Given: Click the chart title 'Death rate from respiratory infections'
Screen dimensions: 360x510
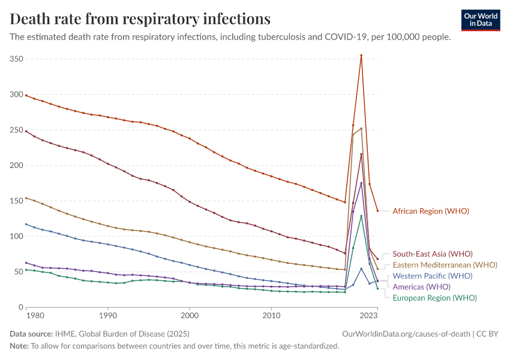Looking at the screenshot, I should tap(140, 19).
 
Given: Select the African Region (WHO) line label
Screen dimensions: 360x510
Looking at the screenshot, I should tap(430, 211).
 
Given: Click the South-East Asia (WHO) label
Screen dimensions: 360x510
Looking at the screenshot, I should tap(432, 254).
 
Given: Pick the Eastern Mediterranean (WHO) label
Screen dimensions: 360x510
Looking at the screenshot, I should tap(445, 265).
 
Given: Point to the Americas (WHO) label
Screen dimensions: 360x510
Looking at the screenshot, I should tap(421, 287).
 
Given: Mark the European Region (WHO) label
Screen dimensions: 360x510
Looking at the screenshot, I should tap(434, 298).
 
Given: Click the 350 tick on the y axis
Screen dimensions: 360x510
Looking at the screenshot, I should tap(16, 59).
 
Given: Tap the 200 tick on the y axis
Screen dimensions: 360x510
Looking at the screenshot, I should tap(16, 165).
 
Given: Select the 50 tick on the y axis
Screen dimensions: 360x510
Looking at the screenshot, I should tap(19, 272).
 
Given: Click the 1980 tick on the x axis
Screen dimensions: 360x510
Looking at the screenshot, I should tap(35, 315).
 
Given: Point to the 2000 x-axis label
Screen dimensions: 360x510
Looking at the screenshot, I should tap(190, 315).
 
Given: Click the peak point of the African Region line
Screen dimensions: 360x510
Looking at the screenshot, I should tap(361, 55).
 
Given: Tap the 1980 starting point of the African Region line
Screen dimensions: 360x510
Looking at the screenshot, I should tap(26, 95).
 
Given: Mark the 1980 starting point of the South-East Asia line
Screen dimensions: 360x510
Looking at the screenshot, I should tap(26, 130).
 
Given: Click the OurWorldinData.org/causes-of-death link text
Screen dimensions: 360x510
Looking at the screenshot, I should tap(405, 334).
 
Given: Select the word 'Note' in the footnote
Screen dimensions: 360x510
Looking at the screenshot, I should tap(20, 346).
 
